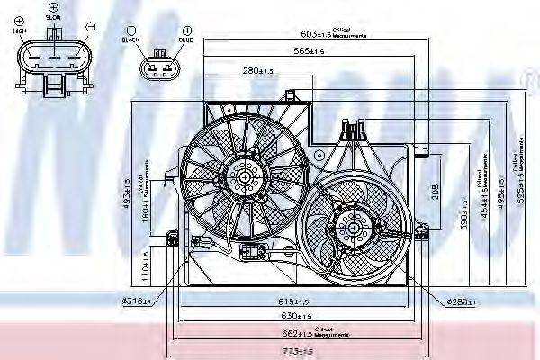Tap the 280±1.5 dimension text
point(257,70)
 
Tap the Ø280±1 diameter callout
point(459,300)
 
